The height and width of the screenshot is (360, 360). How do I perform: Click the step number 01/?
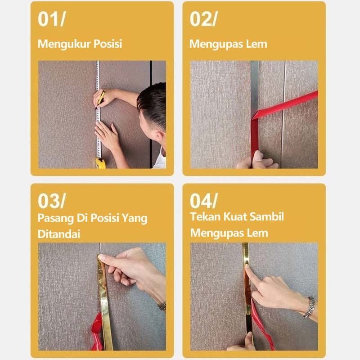(52, 19)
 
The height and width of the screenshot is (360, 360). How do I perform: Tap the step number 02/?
(203, 19)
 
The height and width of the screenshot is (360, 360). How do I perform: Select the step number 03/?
(52, 201)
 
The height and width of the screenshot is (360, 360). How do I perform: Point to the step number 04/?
(204, 201)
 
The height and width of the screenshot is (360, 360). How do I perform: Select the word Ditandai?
(59, 234)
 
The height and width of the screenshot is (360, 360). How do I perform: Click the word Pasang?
(55, 218)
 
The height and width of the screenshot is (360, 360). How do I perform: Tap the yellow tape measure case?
(101, 163)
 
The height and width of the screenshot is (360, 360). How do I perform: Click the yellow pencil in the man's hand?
(100, 99)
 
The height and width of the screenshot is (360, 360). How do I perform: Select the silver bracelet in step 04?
(309, 307)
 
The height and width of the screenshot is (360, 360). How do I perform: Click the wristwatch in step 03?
(162, 306)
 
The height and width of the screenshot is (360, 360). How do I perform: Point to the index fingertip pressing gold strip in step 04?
(247, 266)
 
